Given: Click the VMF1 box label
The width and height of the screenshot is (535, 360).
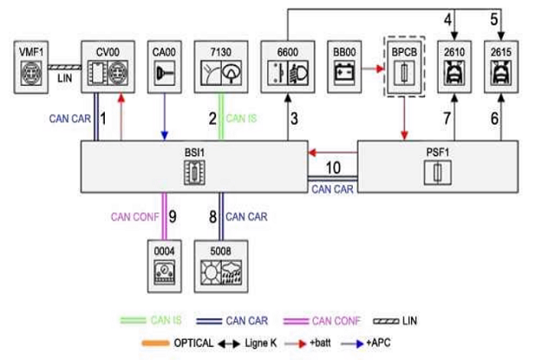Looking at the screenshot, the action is click(31, 52).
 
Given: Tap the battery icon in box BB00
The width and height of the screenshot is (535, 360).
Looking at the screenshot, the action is click(344, 73).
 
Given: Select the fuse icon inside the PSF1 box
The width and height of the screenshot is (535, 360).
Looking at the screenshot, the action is click(437, 173).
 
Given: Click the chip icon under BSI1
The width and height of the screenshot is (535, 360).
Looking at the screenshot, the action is click(194, 173).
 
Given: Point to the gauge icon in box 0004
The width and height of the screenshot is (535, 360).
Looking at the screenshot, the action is click(164, 272).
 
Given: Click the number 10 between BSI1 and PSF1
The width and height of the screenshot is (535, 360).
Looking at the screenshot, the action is click(333, 167).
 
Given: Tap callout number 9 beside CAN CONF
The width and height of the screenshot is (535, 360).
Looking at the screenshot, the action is click(173, 216).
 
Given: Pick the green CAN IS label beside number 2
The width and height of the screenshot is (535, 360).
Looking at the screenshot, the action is click(241, 118).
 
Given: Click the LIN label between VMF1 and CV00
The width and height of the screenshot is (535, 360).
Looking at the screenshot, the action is click(64, 78).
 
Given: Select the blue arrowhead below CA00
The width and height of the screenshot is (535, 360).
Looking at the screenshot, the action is click(165, 135).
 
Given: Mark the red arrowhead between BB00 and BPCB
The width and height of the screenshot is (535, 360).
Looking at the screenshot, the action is click(380, 69).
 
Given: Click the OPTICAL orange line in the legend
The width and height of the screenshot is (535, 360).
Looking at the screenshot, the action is click(155, 344).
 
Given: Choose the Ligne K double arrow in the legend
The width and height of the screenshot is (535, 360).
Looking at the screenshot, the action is click(229, 344).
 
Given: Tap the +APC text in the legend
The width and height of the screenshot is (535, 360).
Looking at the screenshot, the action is click(378, 343).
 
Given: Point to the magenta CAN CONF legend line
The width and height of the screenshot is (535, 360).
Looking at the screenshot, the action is click(297, 321).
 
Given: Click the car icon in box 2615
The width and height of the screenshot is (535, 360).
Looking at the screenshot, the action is click(501, 73).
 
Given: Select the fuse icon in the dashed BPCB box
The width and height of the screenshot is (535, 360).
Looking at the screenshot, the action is click(404, 73).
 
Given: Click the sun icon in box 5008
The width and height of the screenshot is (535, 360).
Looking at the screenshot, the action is click(211, 272).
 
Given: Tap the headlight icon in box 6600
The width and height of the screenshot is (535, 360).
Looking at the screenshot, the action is click(298, 73).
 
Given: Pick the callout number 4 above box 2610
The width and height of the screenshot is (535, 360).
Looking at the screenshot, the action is click(448, 19).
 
